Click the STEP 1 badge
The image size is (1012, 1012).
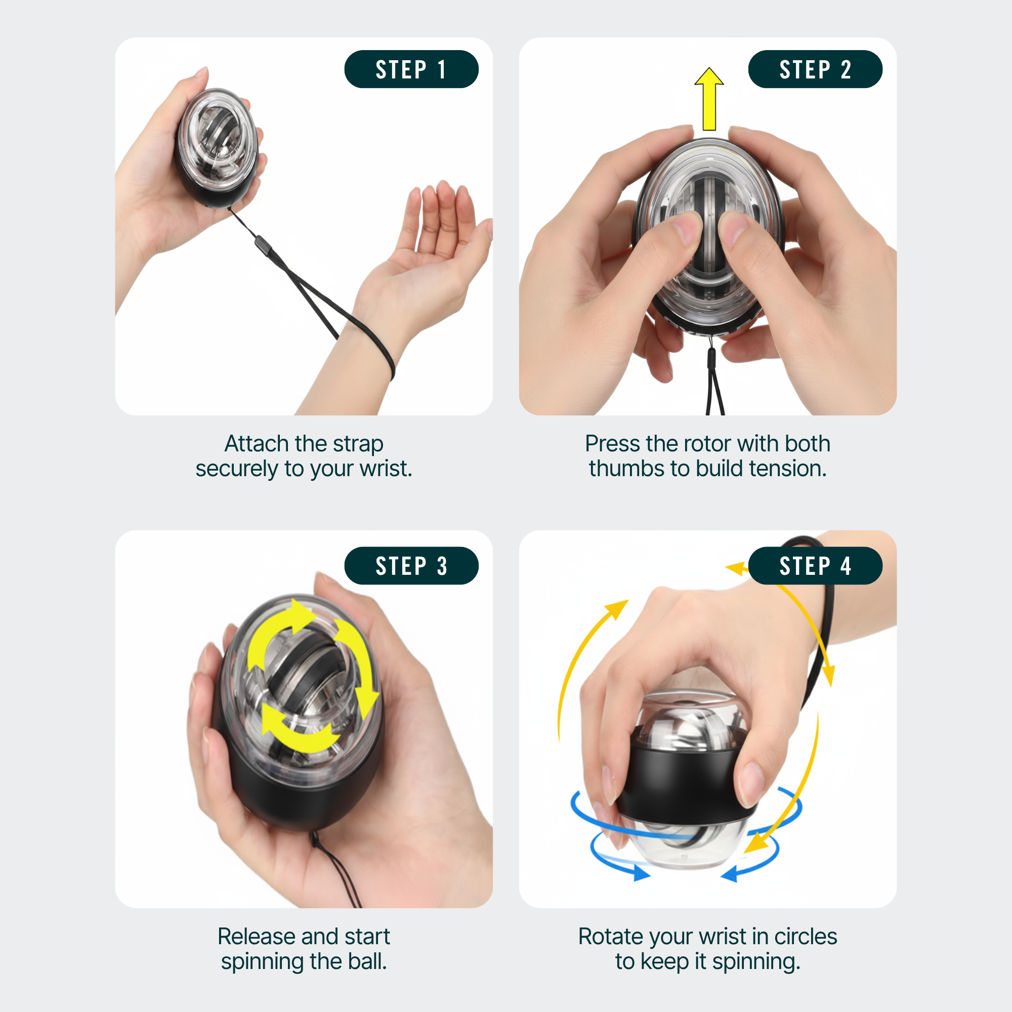(x=411, y=69)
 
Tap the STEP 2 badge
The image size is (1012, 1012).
(x=815, y=69)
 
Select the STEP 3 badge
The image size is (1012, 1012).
(x=411, y=566)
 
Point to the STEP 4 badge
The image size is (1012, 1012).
(x=815, y=566)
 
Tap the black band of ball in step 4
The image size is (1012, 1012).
(x=681, y=786)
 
